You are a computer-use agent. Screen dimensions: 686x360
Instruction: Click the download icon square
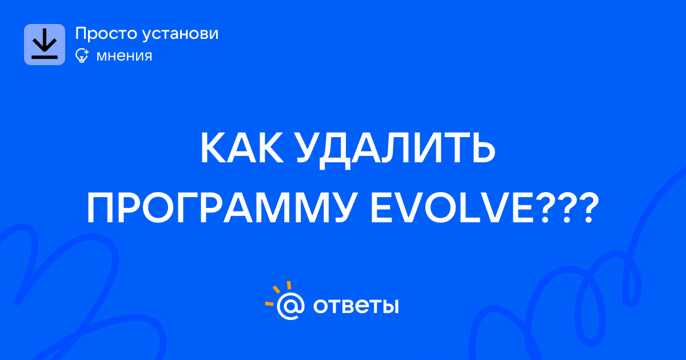coord(45,45)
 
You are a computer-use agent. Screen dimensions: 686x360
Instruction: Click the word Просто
coord(106,34)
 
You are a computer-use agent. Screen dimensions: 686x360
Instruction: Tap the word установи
coord(181,34)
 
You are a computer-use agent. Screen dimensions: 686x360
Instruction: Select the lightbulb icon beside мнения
coord(82,55)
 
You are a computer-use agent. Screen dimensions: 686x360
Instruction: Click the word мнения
coord(124,57)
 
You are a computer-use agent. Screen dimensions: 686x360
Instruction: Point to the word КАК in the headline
coord(242,149)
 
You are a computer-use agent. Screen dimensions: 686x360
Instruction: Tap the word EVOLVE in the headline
coord(452,207)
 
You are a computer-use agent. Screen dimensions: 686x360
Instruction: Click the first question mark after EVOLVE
coord(546,207)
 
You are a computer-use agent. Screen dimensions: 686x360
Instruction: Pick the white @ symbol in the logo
coord(290,306)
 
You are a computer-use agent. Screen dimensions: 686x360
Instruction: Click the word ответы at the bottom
coord(356,306)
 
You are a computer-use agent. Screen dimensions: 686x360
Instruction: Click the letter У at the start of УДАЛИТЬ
coord(309,149)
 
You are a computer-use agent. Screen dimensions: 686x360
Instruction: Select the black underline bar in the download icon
coord(45,57)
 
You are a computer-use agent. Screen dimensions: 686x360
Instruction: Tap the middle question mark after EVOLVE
coord(567,207)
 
